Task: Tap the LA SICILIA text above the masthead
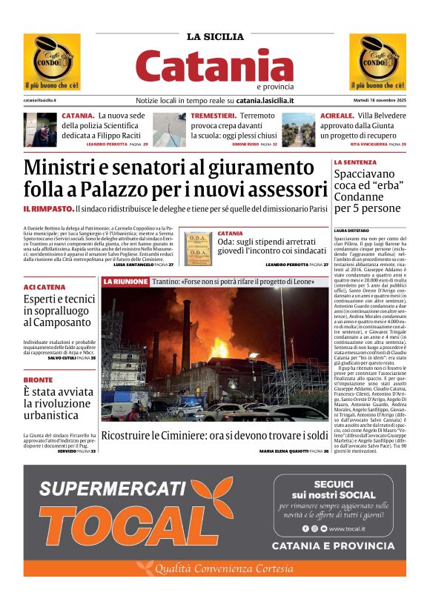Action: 215,36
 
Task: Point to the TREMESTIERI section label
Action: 214,116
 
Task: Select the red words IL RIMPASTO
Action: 48,210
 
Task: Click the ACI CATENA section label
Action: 44,287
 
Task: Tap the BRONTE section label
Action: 38,379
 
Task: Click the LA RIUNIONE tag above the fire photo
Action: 125,282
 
